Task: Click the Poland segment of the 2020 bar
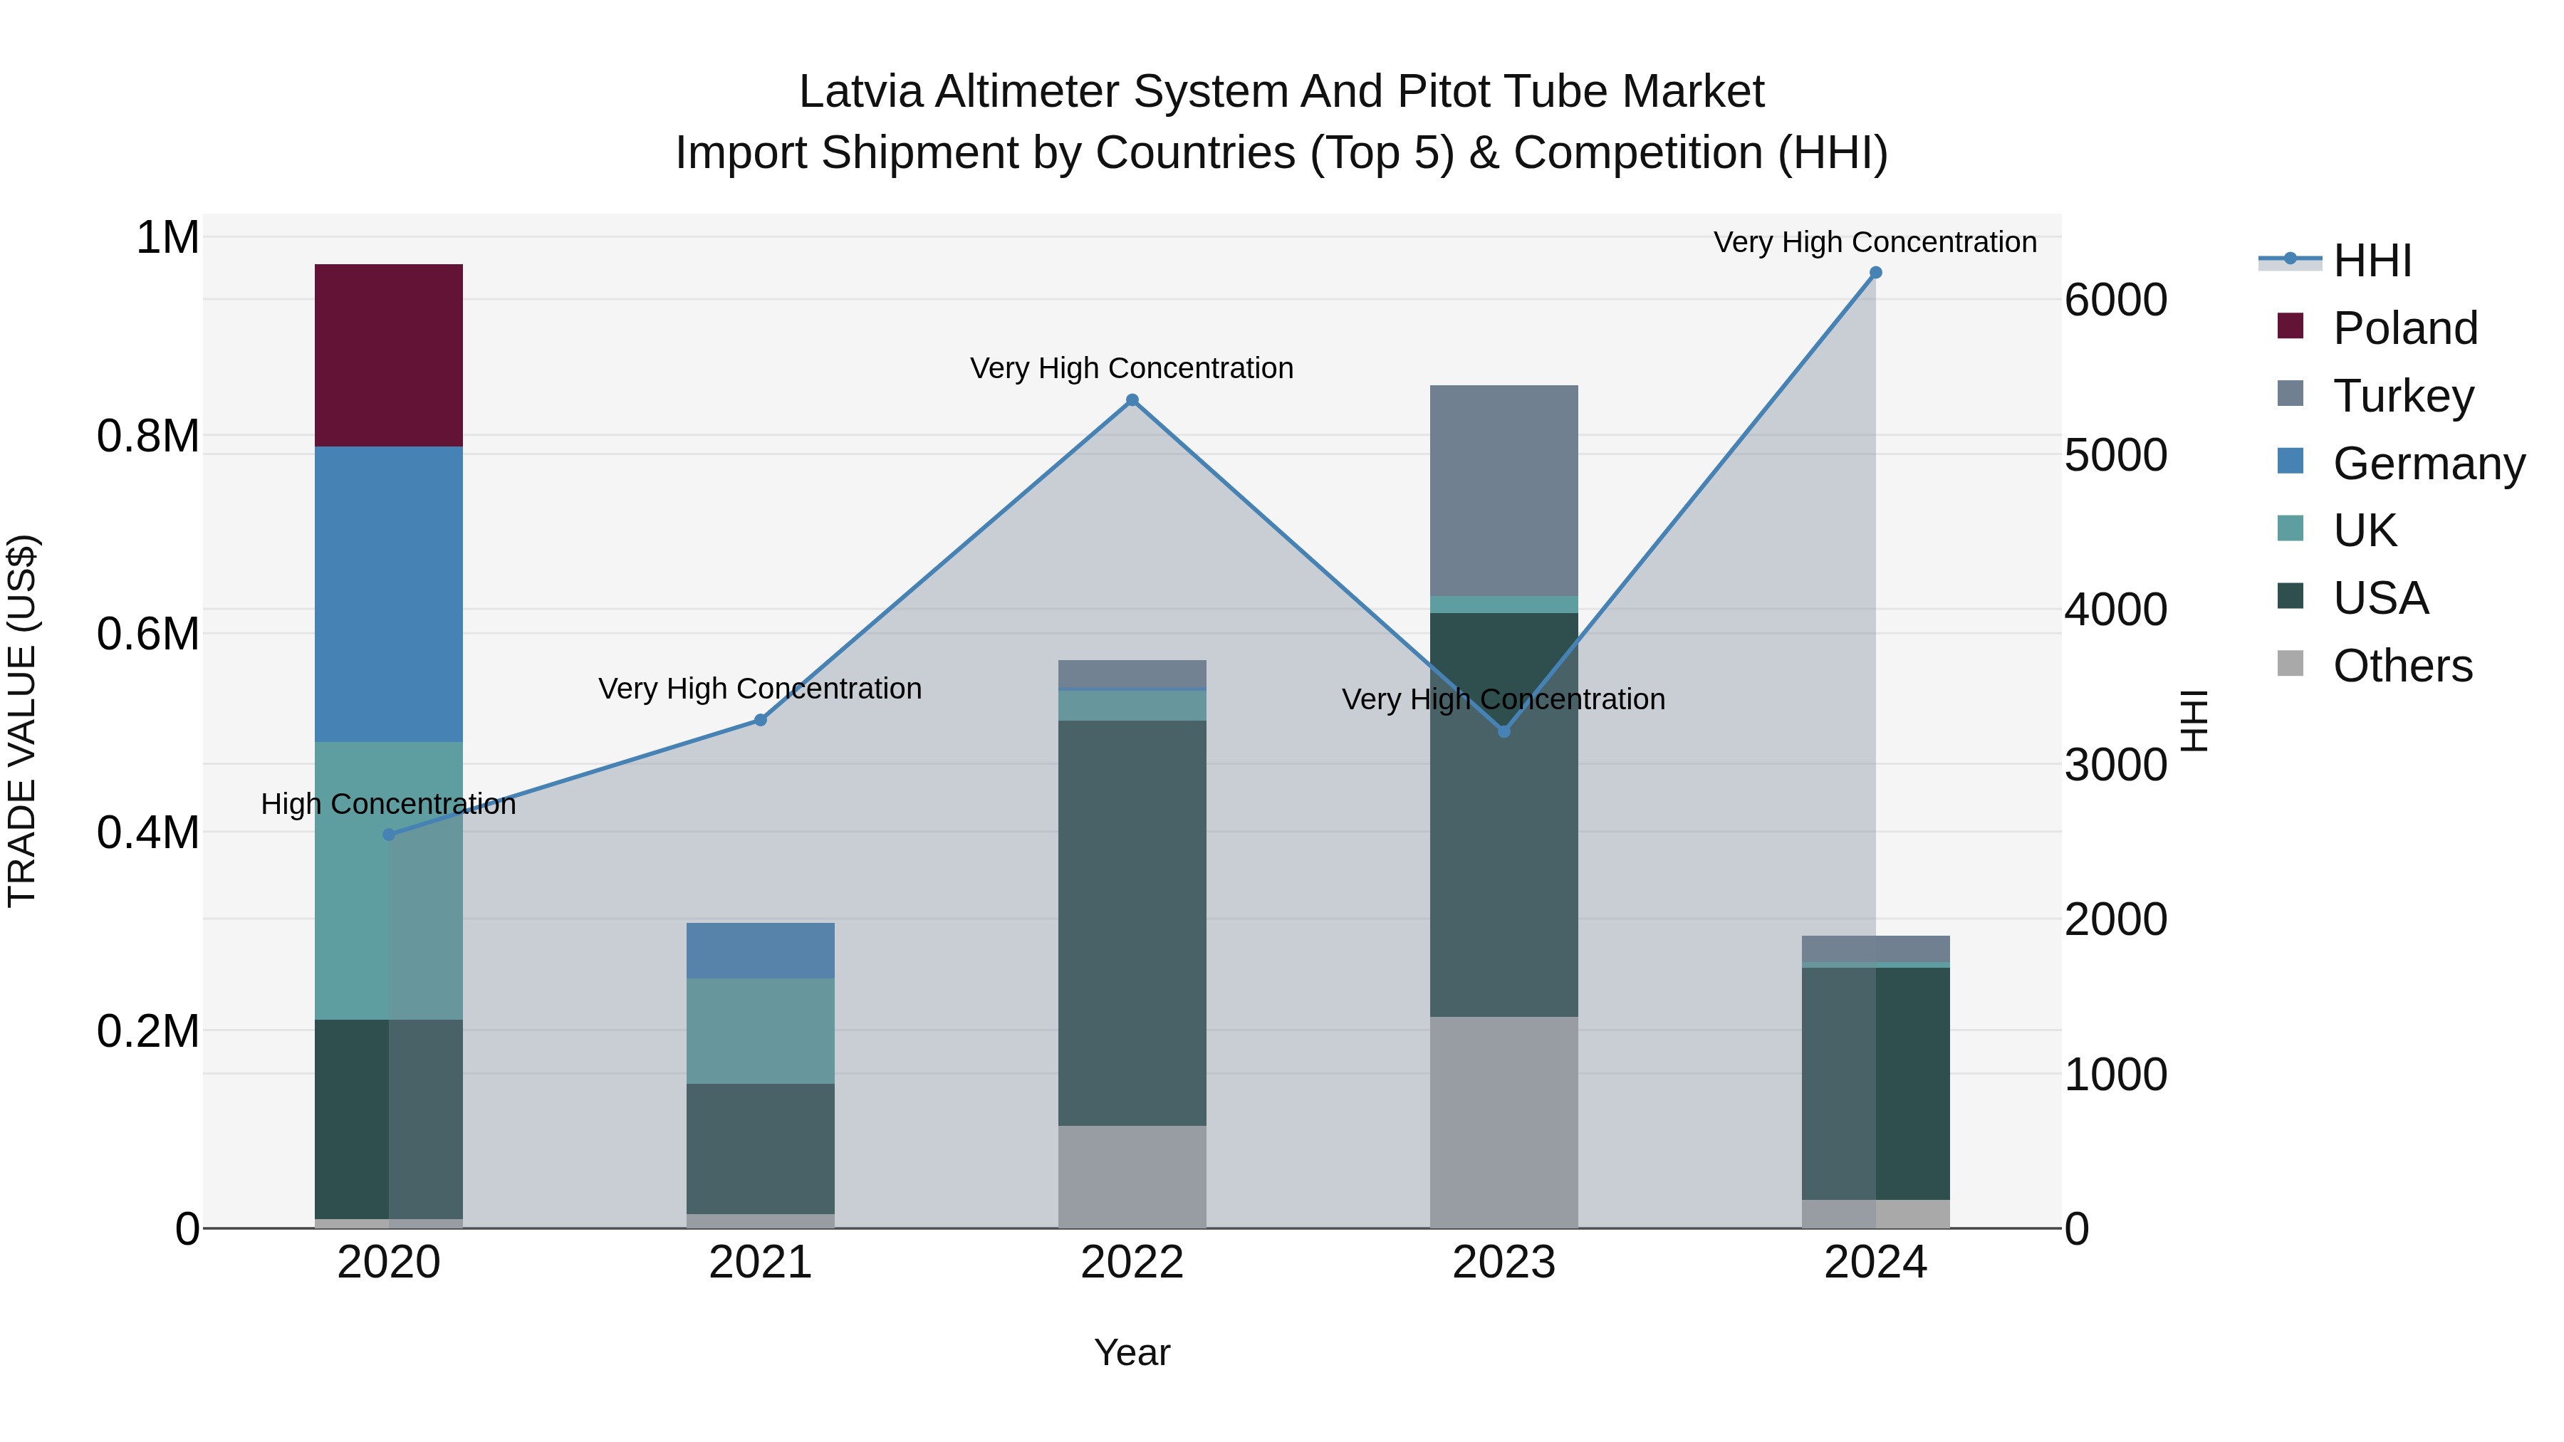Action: [x=388, y=355]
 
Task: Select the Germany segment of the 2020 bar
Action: [x=388, y=594]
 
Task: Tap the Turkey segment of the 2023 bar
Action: [x=1503, y=491]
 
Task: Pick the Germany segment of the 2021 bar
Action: [x=761, y=951]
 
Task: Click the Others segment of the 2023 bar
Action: [x=1503, y=1122]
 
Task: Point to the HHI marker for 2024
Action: [x=1875, y=273]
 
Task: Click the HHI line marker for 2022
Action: [x=1132, y=400]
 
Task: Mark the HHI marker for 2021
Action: [x=761, y=719]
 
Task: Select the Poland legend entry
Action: [x=2404, y=328]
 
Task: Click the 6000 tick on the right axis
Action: [x=2116, y=301]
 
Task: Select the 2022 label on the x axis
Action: [x=1132, y=1263]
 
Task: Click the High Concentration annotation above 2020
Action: [x=388, y=804]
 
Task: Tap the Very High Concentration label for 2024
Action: [x=1875, y=242]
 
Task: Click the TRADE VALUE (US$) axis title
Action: [x=22, y=721]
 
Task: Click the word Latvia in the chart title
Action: [x=861, y=92]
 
